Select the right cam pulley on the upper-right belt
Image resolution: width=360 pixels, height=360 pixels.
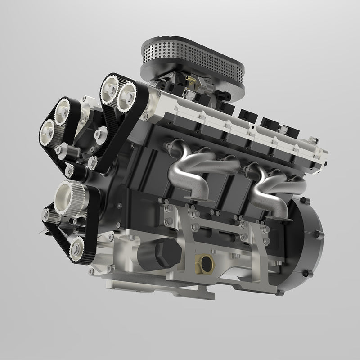(127, 93)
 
